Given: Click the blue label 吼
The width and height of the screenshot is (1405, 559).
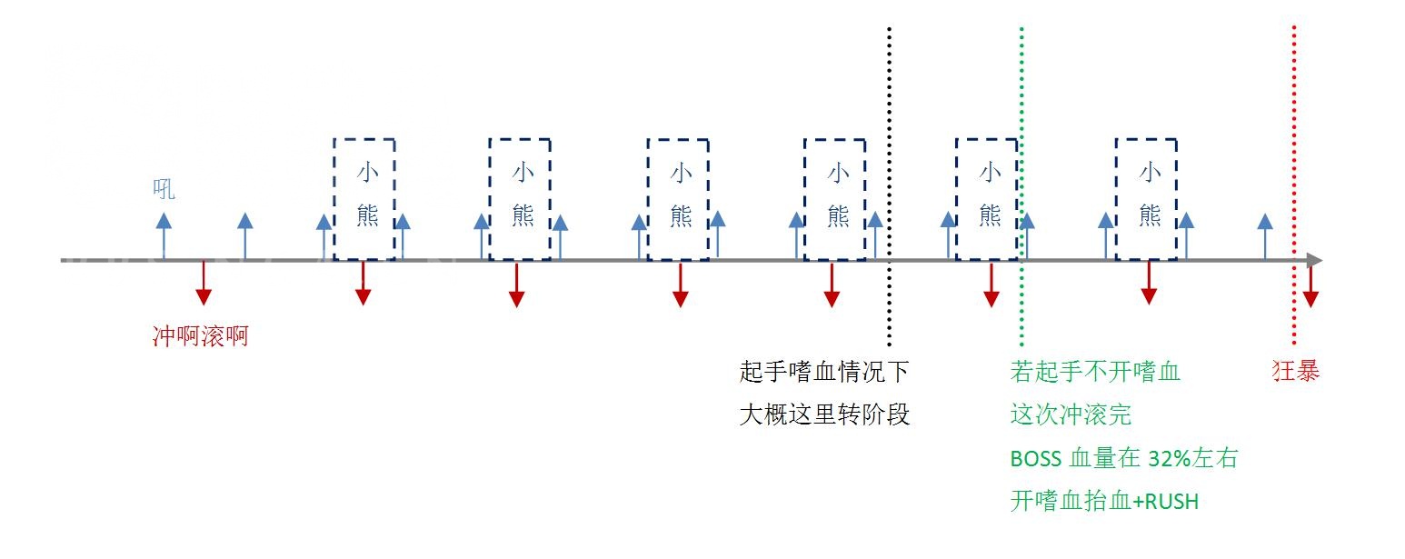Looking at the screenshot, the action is (x=164, y=189).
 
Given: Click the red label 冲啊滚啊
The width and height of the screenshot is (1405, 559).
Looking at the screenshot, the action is (x=201, y=335).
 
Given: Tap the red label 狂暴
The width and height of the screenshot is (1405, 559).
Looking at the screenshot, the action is (x=1296, y=371).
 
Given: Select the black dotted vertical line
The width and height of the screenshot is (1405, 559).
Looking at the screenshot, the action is (x=889, y=186).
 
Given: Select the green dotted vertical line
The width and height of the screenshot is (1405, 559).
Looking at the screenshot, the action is (x=1021, y=186).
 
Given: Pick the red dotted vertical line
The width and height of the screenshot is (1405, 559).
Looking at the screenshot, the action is (x=1294, y=185).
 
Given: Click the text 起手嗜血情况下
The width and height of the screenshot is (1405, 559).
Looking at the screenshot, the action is (x=824, y=372).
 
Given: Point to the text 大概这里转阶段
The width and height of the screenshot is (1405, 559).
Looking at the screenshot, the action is (x=824, y=414).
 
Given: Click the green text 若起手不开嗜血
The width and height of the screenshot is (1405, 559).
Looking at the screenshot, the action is (x=1095, y=372).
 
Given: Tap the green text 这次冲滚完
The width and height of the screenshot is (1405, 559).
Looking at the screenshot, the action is (x=1071, y=414).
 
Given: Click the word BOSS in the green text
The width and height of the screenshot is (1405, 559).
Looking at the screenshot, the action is (x=1035, y=459).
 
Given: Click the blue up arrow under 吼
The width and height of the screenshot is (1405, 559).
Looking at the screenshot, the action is (x=164, y=236).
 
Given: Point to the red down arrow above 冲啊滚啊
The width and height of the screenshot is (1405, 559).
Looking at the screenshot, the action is (x=204, y=283).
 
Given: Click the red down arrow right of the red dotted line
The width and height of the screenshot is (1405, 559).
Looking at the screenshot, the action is (x=1310, y=284).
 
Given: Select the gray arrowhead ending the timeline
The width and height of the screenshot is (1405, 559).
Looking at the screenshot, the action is (x=1315, y=260).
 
